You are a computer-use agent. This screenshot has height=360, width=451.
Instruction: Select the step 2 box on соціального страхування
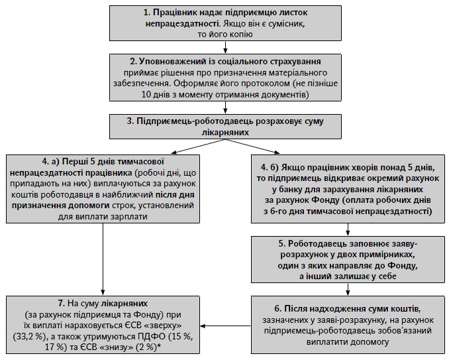point(225,78)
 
